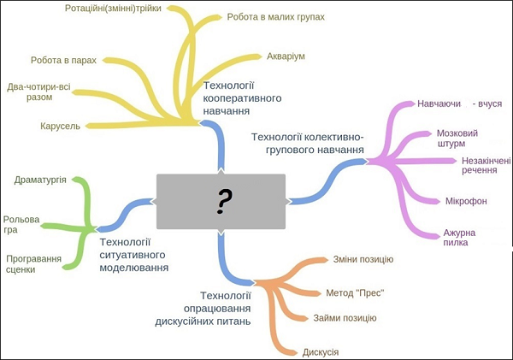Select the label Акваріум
(x=286, y=56)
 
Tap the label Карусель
(x=60, y=126)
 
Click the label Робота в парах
(x=63, y=61)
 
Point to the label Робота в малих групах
(x=276, y=16)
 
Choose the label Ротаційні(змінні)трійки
(x=118, y=9)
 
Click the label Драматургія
(x=41, y=180)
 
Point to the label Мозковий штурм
(x=457, y=139)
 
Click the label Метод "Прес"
(x=355, y=292)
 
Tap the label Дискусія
(x=321, y=352)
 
